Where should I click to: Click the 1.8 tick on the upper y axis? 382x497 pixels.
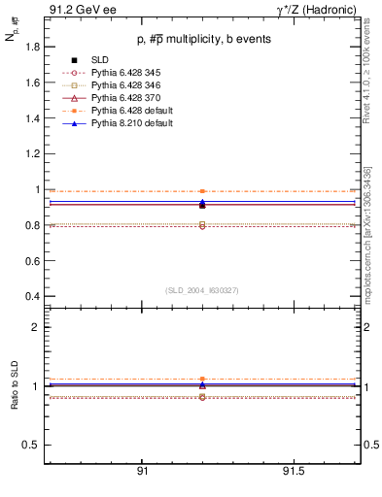[x=33, y=47]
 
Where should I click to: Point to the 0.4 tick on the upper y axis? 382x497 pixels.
[x=33, y=296]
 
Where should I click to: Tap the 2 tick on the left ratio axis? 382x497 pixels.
[x=35, y=327]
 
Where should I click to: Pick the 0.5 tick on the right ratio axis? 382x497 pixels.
[x=370, y=445]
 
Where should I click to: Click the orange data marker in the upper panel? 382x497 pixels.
[x=202, y=191]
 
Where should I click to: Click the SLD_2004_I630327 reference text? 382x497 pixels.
[x=201, y=290]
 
